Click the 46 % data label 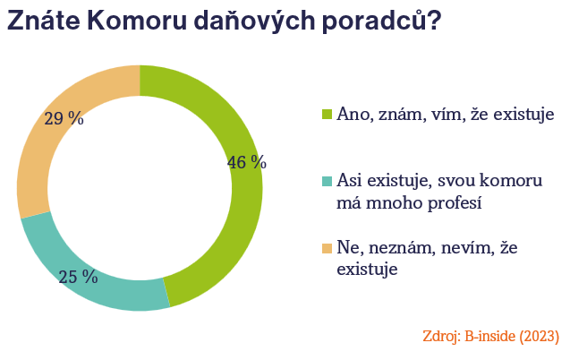coord(247,162)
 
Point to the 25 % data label coord(78,277)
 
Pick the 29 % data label coord(64,118)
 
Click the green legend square coord(327,115)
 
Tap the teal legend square coord(327,181)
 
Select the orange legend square coord(327,248)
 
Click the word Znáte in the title coord(44,20)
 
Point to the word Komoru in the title coord(137,20)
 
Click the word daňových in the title coord(254,21)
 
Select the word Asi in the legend coord(350,181)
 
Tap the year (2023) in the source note coord(539,337)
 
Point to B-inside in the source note coord(490,336)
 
